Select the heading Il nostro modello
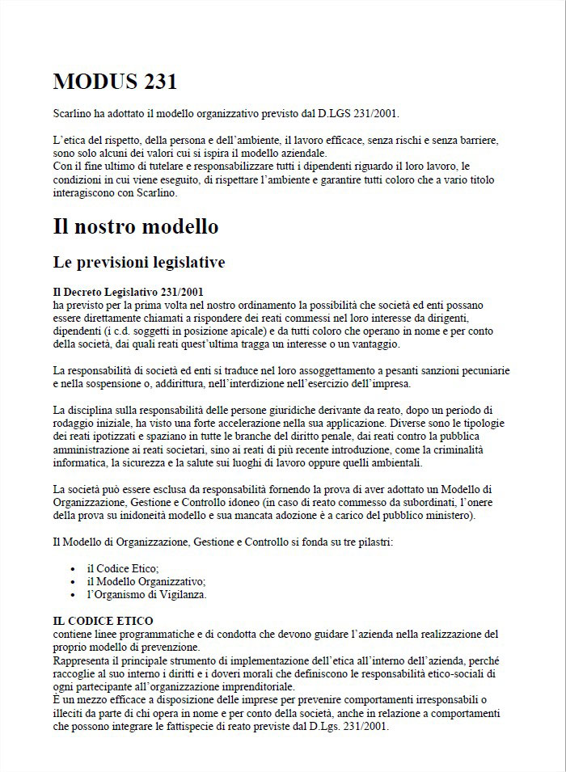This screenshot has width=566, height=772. coord(136,226)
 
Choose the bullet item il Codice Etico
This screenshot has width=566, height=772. coord(123,568)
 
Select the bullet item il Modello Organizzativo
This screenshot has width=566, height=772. coord(146,581)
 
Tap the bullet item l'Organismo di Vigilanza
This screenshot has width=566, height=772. coord(146,594)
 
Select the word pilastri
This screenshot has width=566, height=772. coord(374,542)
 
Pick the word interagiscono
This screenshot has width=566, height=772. coord(85,193)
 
